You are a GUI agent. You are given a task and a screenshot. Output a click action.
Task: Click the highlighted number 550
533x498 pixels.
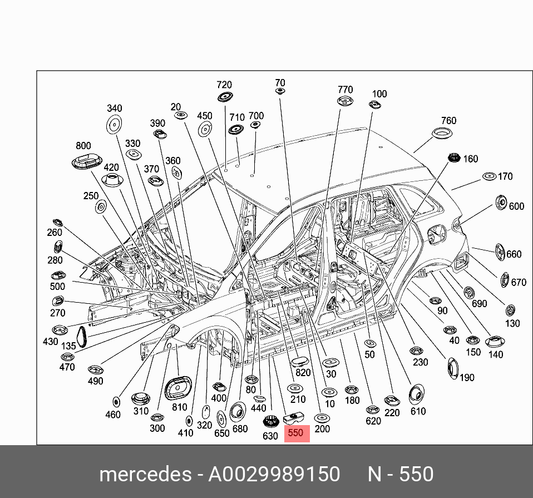click(296, 432)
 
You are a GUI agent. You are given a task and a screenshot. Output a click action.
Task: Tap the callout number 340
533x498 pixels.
click(114, 108)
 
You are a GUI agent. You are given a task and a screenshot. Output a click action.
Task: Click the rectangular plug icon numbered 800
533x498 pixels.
click(87, 162)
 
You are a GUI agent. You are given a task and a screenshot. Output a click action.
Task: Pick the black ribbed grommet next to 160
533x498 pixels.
click(453, 159)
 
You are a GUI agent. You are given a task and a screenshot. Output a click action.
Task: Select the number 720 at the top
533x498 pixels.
click(224, 85)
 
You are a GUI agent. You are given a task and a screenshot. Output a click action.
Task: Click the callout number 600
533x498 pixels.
click(516, 206)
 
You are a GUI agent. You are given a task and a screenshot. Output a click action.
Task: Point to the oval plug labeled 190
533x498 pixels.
click(453, 368)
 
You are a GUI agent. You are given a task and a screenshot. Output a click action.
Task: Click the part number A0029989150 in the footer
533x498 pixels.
click(274, 474)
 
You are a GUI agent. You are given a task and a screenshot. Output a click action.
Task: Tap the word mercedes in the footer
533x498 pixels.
click(145, 474)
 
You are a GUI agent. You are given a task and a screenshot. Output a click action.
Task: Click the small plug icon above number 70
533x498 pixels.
click(280, 91)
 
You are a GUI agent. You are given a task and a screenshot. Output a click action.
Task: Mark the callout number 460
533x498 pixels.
click(113, 414)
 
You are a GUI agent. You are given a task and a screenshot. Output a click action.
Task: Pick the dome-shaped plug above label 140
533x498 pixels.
click(495, 342)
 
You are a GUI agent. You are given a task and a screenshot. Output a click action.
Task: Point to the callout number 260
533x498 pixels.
click(55, 233)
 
